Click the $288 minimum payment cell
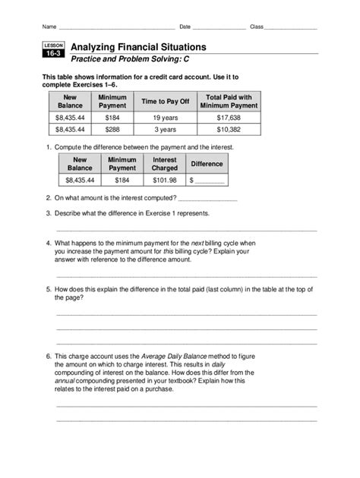112,131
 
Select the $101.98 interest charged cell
164,181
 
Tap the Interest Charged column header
164,164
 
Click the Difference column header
207,164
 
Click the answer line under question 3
186,228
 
